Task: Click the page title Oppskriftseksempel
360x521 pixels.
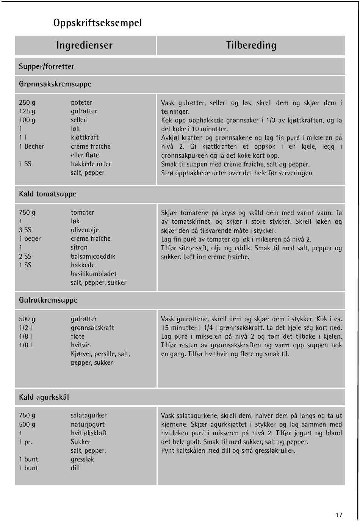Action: click(98, 23)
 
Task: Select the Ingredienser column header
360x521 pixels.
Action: click(85, 46)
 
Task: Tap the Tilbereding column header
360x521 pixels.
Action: click(251, 46)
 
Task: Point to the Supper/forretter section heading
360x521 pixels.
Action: click(47, 67)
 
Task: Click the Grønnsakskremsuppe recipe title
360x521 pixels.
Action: click(55, 84)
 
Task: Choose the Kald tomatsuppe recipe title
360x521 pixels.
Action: click(48, 194)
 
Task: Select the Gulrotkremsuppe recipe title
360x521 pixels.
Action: click(48, 300)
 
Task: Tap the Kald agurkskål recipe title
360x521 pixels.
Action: click(44, 397)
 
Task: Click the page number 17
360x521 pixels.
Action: click(339, 515)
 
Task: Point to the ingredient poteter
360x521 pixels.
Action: click(81, 103)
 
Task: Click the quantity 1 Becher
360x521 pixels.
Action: click(31, 146)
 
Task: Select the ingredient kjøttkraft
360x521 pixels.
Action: click(85, 138)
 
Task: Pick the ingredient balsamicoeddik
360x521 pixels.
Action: click(93, 256)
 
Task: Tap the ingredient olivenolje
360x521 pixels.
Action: click(85, 230)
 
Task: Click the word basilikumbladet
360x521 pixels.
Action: click(94, 274)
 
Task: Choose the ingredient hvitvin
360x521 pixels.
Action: click(81, 345)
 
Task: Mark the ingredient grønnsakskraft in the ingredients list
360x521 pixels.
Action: click(92, 328)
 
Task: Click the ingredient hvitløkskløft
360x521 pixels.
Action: click(89, 433)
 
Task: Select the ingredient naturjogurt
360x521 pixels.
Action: click(88, 424)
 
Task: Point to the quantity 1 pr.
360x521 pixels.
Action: click(25, 442)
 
